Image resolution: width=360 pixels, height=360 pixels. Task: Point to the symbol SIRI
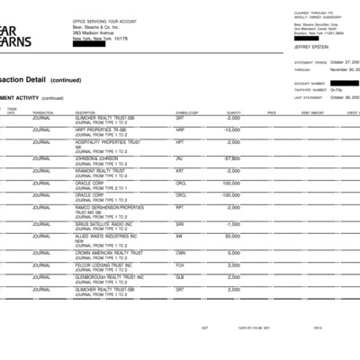(180, 223)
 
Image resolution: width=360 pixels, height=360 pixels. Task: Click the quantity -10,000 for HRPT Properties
(231, 130)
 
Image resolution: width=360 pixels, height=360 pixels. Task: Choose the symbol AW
(179, 236)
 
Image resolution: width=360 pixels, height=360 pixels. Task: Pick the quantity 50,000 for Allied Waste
(232, 236)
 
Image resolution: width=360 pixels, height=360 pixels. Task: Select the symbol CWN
(180, 252)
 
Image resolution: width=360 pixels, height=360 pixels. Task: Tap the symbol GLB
(180, 277)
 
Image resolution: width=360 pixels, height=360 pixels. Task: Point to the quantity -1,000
(233, 223)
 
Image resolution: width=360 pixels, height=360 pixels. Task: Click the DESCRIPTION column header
(86, 112)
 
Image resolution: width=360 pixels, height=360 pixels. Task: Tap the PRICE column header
(271, 112)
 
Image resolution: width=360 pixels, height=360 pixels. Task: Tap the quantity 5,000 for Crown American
(233, 252)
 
